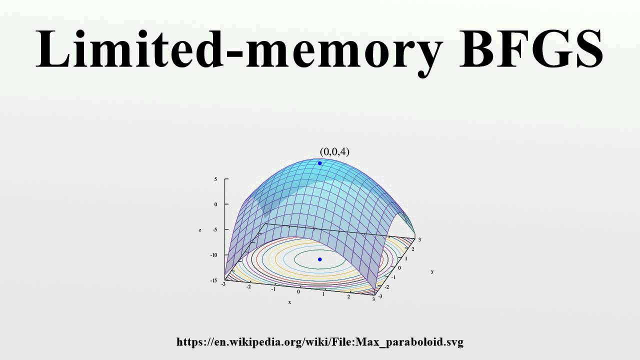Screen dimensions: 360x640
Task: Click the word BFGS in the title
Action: tap(531, 48)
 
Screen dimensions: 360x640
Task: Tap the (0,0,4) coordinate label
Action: tap(334, 151)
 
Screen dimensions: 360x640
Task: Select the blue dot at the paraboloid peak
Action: tap(320, 163)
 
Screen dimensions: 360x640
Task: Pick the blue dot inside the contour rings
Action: tap(320, 259)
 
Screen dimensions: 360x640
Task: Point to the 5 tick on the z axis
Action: tap(215, 178)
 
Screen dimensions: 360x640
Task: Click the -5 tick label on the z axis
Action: tap(214, 229)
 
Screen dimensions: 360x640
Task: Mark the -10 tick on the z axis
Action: tap(214, 255)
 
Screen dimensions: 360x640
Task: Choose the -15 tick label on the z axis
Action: tap(214, 280)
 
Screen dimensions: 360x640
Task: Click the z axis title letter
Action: tap(200, 230)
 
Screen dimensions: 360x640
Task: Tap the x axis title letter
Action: tap(289, 302)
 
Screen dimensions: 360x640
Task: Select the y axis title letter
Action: tap(432, 271)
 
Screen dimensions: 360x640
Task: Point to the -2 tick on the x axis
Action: tap(248, 286)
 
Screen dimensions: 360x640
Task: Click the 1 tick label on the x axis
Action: tap(323, 294)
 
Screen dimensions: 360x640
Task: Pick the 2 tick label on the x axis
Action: tap(348, 297)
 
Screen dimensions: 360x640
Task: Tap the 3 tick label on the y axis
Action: tap(419, 239)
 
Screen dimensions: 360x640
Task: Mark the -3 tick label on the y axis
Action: tap(380, 296)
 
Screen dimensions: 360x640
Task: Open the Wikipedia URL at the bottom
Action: tap(320, 342)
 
